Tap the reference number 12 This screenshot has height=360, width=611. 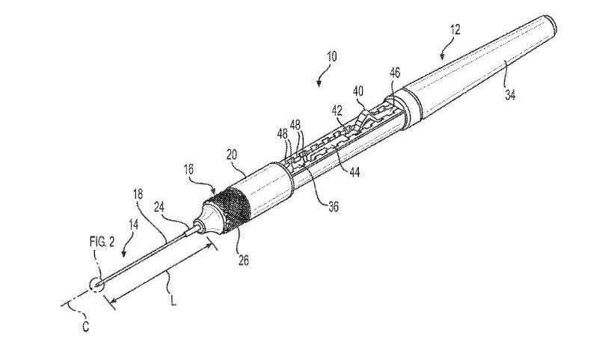pos(455,31)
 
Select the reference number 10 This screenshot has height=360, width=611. pos(331,56)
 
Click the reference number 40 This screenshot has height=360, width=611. pos(358,91)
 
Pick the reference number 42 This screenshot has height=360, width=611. pos(337,109)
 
